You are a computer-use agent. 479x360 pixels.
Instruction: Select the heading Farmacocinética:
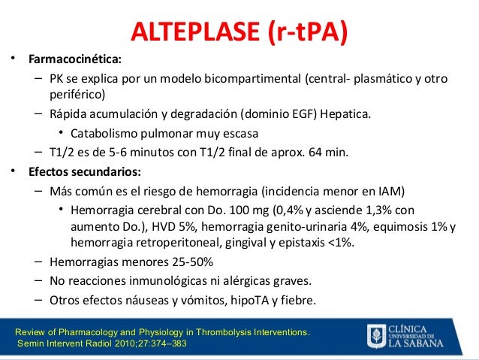click(74, 59)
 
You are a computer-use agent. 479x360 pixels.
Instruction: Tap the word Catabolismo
click(104, 134)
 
